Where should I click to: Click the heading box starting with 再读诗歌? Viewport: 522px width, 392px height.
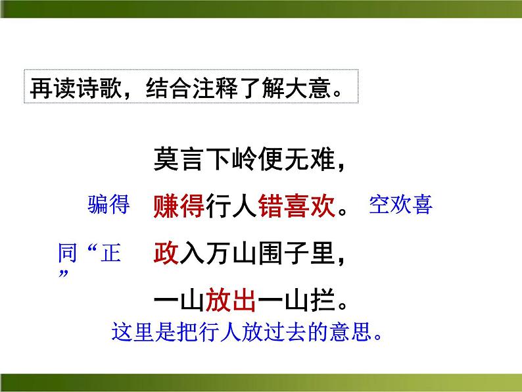191,86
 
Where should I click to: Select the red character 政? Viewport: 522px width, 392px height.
166,253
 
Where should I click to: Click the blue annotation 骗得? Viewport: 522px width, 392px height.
108,205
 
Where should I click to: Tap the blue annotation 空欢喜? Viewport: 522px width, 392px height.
400,205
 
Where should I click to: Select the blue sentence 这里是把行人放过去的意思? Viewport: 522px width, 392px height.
247,332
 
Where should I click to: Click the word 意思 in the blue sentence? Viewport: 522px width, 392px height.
354,332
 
